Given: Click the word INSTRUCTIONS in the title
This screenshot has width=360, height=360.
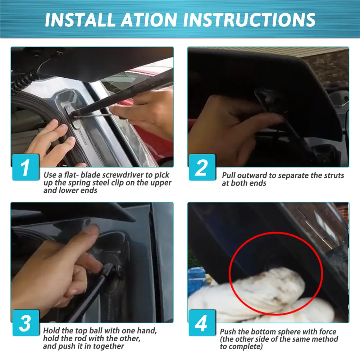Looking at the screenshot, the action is click(x=249, y=20).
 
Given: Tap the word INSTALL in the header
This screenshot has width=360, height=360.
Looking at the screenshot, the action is click(x=80, y=20).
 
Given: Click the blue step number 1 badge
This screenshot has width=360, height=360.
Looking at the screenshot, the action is click(x=26, y=167).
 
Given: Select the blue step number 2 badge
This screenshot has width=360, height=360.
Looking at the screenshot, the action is click(x=202, y=167).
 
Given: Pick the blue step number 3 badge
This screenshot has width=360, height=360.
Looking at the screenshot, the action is click(x=26, y=323).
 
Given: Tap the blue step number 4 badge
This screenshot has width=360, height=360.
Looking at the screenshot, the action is click(x=202, y=323).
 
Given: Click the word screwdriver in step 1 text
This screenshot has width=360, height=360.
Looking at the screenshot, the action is click(x=123, y=175).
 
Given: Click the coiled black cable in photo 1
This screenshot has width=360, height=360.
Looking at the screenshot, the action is click(x=23, y=82).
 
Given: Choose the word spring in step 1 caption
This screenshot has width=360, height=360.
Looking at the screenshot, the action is click(x=80, y=183).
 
